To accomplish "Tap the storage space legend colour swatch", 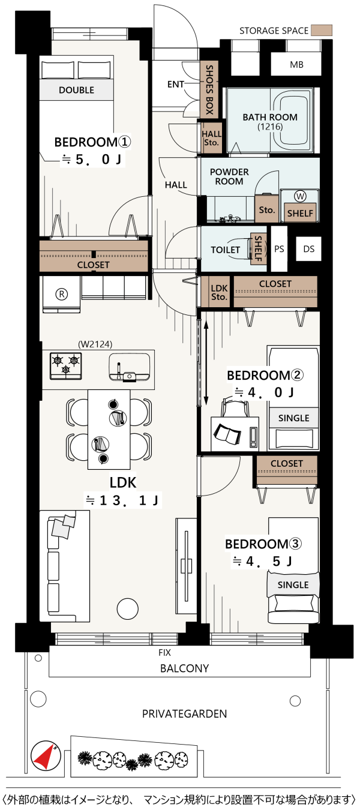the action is (x=322, y=31).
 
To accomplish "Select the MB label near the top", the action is (x=296, y=65).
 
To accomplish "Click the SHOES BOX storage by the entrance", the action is (x=209, y=89).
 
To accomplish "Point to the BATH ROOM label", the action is (x=270, y=117).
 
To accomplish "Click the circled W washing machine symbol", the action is (x=300, y=196).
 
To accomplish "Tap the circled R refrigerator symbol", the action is (x=61, y=295).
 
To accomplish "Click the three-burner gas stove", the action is (x=66, y=366).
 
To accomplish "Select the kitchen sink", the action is (x=130, y=367).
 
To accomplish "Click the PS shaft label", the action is (x=279, y=249).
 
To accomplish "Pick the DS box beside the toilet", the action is (x=308, y=249).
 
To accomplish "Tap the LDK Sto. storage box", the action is (x=219, y=292).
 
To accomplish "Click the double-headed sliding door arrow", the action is (x=206, y=363).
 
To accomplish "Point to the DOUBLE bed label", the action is (x=76, y=90).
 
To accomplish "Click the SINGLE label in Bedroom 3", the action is (x=293, y=585).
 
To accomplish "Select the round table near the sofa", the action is (x=128, y=609).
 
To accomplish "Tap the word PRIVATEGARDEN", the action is (x=184, y=714).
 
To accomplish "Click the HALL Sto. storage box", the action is (x=212, y=138).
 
